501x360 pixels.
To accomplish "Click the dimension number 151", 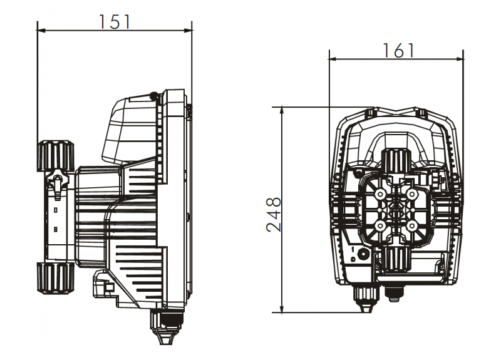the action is click(115, 22).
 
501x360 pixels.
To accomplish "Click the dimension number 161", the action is click(398, 51).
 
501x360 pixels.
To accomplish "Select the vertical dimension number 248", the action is click(274, 214).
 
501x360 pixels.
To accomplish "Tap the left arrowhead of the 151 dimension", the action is click(41, 31).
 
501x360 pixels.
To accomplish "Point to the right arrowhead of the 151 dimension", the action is click(188, 31).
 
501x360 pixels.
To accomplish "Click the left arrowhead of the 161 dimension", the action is click(333, 59).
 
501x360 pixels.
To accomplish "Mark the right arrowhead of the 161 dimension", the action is click(460, 59).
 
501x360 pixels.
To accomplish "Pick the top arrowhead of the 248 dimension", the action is click(281, 111).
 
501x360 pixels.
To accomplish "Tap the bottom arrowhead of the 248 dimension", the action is click(281, 309).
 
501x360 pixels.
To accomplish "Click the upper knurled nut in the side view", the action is click(56, 155).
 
